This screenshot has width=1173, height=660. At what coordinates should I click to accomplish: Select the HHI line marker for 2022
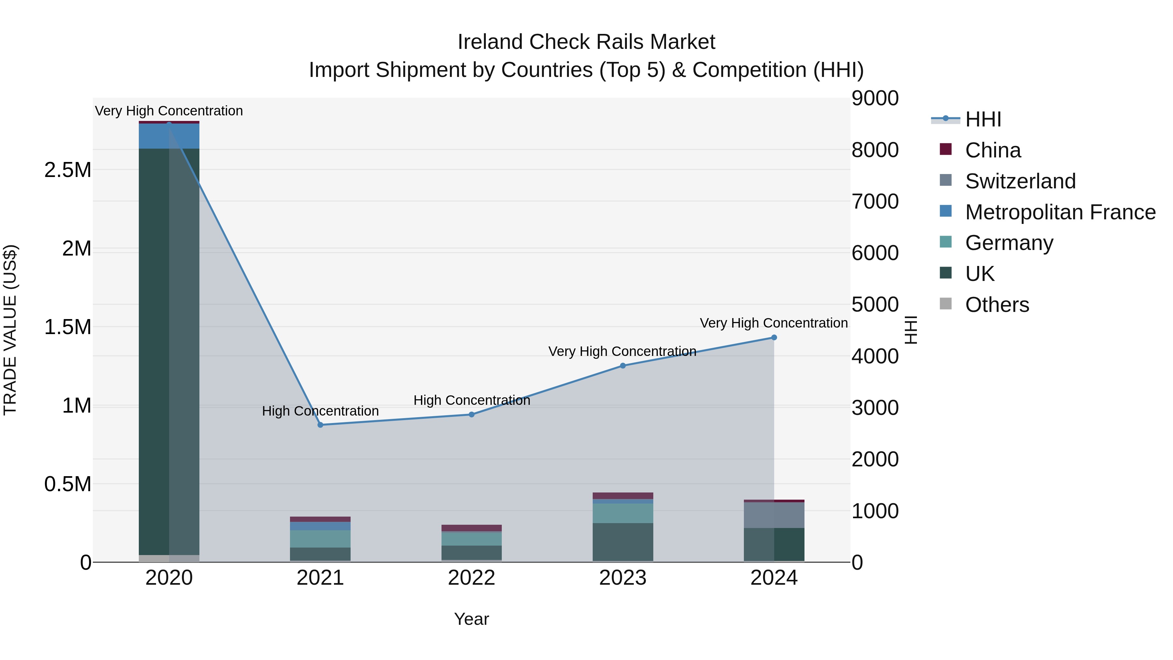point(472,415)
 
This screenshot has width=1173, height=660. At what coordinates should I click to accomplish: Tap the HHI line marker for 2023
point(623,366)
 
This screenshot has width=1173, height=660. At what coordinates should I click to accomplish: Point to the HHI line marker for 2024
point(774,338)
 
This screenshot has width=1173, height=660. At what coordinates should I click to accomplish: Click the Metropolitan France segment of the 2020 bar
point(169,136)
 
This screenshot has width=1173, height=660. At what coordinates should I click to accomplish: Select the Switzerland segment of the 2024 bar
point(774,515)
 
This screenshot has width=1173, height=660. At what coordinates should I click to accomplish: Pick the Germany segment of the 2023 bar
point(623,513)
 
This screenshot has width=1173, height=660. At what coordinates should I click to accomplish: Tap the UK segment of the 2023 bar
point(623,542)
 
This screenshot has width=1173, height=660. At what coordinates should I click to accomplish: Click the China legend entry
point(993,150)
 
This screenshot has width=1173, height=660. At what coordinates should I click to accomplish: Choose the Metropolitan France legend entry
point(1060,212)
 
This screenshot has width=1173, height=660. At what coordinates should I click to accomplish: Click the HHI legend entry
point(983,119)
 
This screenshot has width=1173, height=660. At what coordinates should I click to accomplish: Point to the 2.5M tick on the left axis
point(68,170)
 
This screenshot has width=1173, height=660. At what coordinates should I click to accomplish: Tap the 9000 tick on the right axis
point(875,98)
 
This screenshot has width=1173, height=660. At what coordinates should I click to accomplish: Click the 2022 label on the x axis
point(472,578)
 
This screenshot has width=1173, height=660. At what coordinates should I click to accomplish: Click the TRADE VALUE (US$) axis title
point(10,330)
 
